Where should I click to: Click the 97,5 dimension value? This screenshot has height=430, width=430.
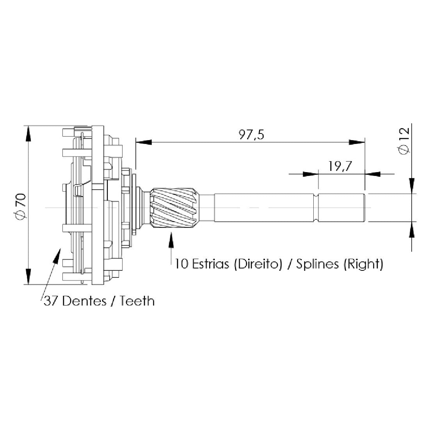(x=251, y=135)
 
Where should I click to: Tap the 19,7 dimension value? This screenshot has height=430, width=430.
(x=340, y=166)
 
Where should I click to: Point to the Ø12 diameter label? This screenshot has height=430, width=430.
(x=405, y=141)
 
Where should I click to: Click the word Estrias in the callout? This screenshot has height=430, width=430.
(x=210, y=264)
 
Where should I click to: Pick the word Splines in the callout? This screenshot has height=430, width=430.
(x=318, y=264)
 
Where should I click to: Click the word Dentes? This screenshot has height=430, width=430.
(x=84, y=301)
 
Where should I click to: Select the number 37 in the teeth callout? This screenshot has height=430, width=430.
(x=51, y=301)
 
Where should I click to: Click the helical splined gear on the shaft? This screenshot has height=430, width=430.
(x=174, y=208)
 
